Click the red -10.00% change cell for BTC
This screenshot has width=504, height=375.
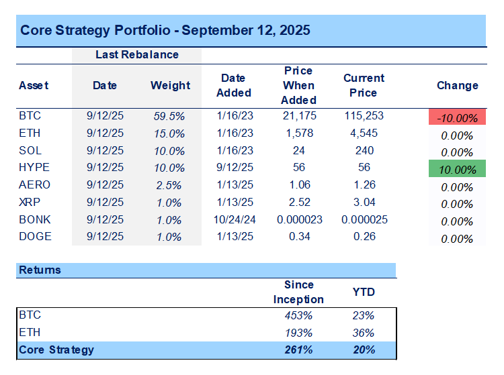coord(457,117)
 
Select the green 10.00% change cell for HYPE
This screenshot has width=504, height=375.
coord(457,170)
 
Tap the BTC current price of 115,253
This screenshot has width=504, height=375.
coord(364,116)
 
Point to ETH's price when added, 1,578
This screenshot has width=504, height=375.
coord(298,133)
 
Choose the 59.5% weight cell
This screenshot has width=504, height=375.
coord(169,116)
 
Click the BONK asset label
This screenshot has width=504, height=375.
coord(34,219)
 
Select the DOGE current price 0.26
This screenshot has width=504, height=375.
coord(364,236)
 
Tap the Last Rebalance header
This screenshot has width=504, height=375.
coord(136,54)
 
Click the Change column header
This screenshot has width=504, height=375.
coord(457,85)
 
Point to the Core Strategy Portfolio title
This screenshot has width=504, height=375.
coord(165,31)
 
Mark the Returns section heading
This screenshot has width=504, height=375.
coord(40,270)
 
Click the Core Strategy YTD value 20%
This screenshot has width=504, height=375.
coord(364,350)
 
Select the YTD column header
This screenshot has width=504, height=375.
coord(364,292)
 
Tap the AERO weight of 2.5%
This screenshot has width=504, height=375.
coord(169,185)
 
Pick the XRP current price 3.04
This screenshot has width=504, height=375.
coord(364,202)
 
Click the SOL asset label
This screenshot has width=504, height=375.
coord(30,150)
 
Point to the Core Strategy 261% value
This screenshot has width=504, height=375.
coord(298,350)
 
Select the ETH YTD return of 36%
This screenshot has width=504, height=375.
coord(364,333)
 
